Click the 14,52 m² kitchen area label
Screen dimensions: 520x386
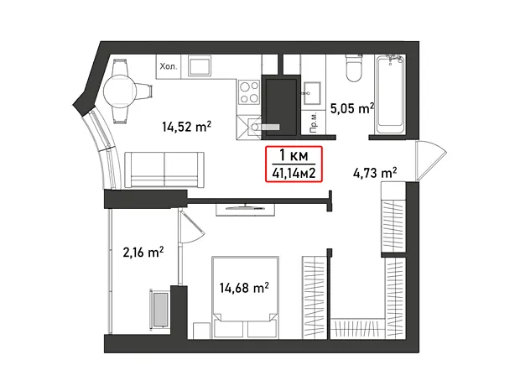(187, 127)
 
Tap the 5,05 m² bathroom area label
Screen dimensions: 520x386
(352, 108)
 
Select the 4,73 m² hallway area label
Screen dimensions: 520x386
(375, 173)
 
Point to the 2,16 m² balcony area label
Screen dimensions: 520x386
(143, 253)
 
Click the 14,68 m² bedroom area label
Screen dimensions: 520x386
(244, 288)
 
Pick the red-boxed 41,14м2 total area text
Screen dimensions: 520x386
(294, 173)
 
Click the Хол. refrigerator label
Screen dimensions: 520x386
(169, 67)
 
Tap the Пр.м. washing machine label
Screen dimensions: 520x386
(314, 123)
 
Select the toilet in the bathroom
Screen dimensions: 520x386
(354, 67)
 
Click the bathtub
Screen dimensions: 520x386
(390, 94)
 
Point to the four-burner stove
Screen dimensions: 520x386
(249, 92)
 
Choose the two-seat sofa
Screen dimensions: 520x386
(164, 170)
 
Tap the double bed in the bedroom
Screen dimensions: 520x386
(245, 297)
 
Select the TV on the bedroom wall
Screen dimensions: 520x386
(246, 208)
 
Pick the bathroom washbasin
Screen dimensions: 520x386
(311, 93)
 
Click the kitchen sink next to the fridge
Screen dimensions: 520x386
(200, 65)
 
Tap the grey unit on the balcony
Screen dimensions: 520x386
(161, 309)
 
